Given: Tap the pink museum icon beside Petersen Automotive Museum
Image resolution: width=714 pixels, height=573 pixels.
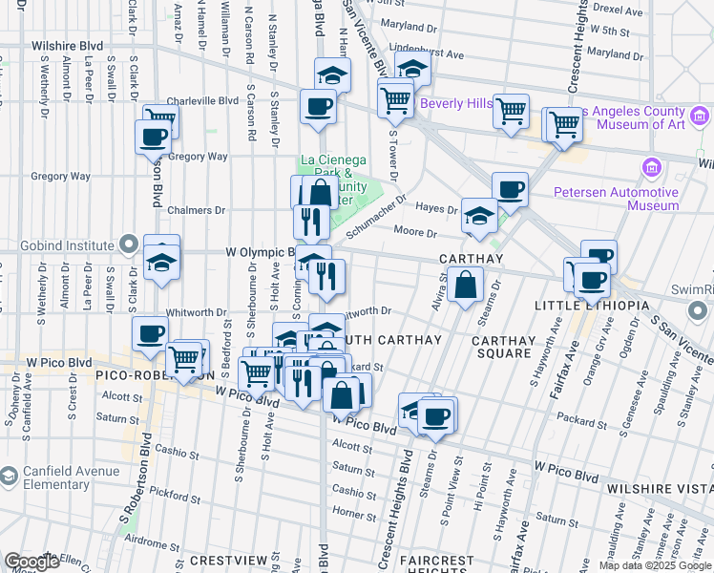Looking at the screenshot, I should (653, 169).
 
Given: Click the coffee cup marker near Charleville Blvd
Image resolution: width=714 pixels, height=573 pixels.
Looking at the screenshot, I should (318, 106).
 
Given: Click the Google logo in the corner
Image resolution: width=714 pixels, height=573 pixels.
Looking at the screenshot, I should (31, 562).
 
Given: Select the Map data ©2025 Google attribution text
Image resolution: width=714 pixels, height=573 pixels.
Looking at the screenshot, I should (655, 565).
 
